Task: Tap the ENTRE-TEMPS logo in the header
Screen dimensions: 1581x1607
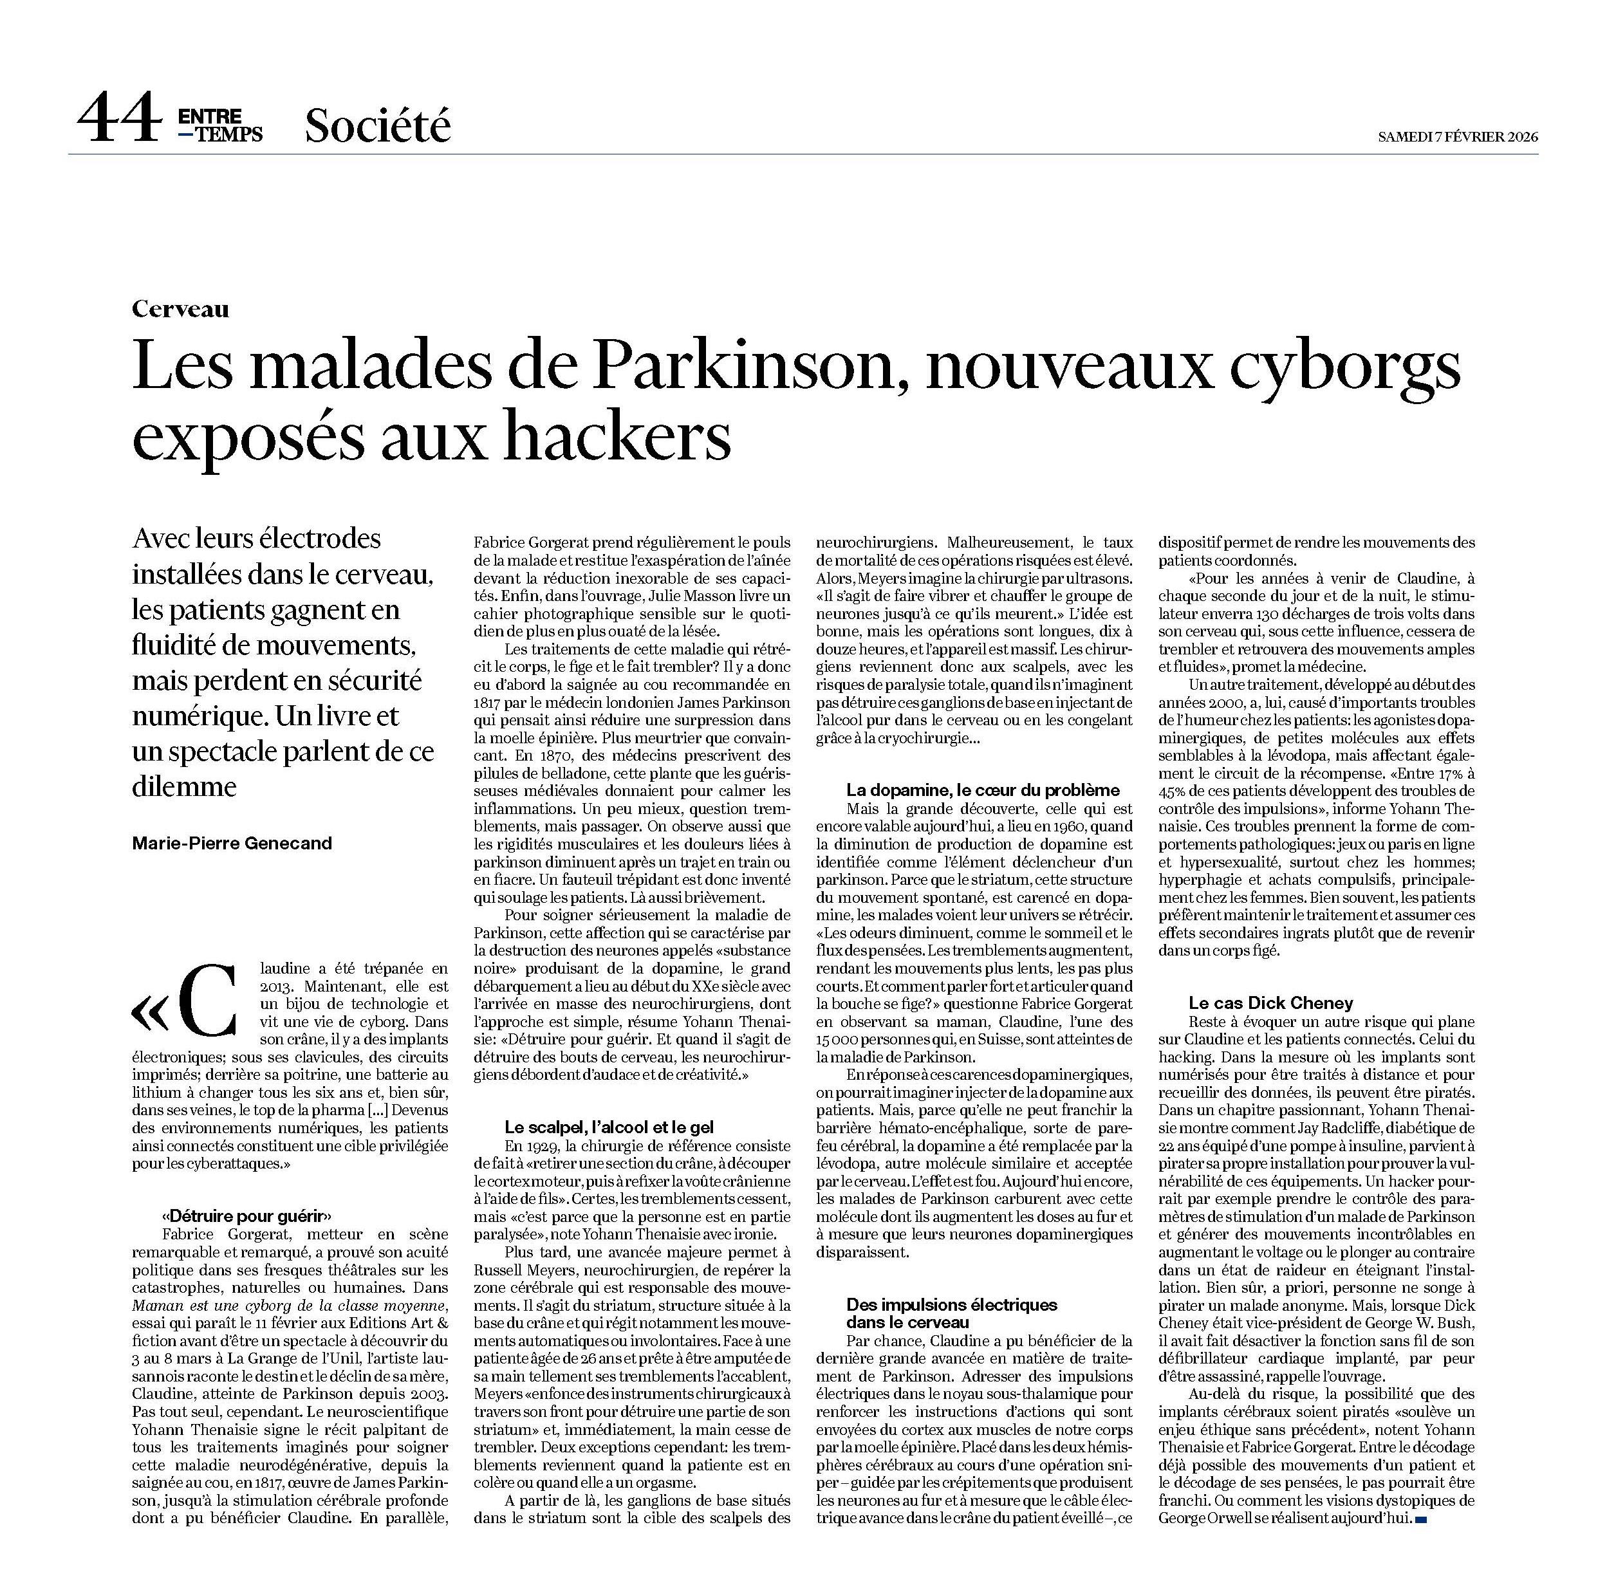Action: coord(220,125)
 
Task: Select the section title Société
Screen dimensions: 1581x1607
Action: coord(377,125)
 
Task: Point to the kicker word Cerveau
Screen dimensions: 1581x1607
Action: coord(180,309)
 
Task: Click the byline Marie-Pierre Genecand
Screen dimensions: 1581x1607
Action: coord(232,843)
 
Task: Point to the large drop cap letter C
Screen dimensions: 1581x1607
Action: coord(208,1001)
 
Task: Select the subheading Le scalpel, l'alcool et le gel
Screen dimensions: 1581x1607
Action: coord(609,1127)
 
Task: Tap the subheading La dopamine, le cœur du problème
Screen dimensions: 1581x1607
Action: coord(983,790)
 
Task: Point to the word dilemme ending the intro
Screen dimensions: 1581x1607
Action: coord(184,786)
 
